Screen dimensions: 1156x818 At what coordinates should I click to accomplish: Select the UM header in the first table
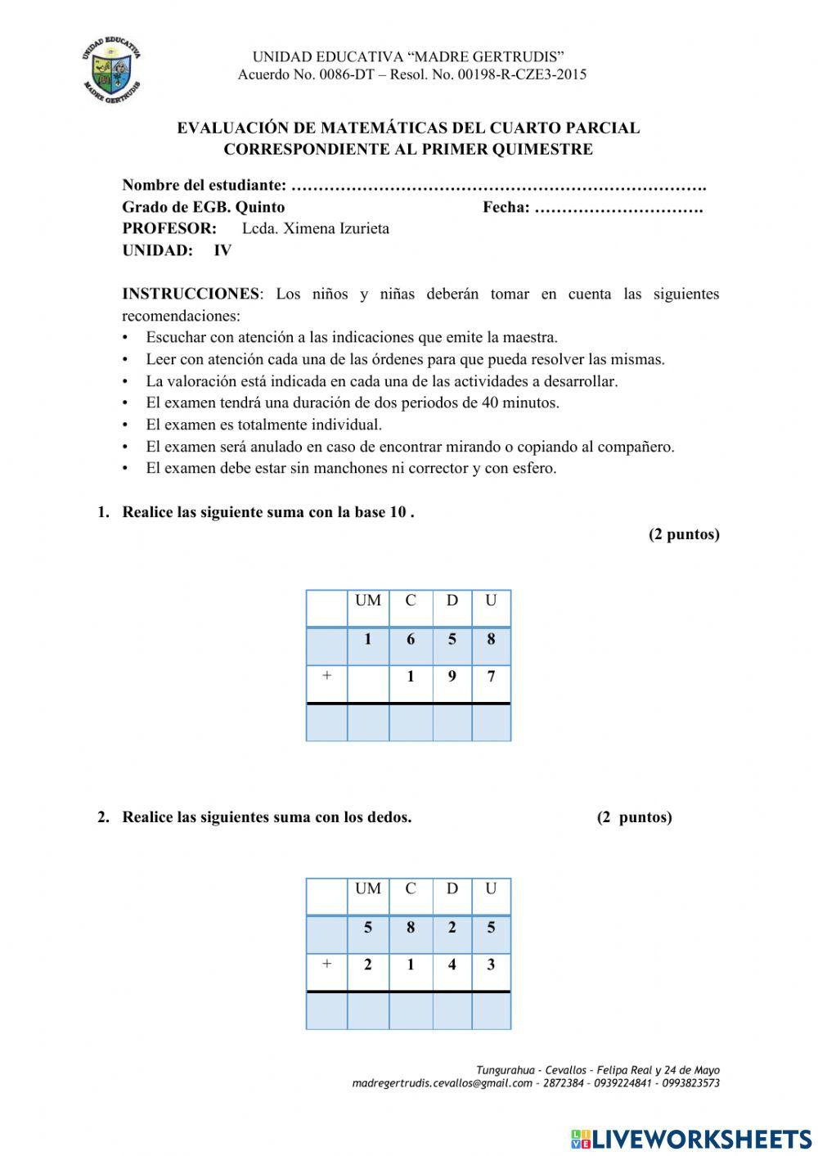coord(368,600)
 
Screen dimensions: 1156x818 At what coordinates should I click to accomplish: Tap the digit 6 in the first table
coord(411,639)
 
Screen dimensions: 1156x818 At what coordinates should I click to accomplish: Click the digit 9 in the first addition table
coord(452,677)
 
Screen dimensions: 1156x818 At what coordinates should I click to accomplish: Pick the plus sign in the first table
coord(326,676)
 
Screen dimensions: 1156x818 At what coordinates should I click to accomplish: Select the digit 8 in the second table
coord(411,927)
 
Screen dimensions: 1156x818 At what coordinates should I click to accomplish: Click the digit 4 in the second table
coord(452,965)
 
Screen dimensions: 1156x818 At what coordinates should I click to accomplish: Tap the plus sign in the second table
coord(326,964)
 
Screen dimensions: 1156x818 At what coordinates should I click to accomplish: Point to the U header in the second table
coord(491,888)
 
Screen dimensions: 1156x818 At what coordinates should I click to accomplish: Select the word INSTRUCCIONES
coord(190,294)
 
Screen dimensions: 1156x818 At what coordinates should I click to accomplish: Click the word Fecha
coord(505,207)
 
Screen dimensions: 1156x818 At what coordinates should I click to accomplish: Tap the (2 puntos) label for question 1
coord(684,534)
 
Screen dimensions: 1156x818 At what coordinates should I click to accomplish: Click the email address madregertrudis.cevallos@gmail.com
coord(442,1083)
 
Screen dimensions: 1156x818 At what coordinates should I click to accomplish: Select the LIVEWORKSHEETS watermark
coord(691,1138)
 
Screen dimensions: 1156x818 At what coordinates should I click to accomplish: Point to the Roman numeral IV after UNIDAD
coord(222,251)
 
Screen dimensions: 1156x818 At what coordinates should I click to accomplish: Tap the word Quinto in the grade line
coord(260,207)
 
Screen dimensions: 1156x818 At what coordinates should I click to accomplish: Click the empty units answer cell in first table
coord(491,722)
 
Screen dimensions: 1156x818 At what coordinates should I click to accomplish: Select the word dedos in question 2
coord(387,817)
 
